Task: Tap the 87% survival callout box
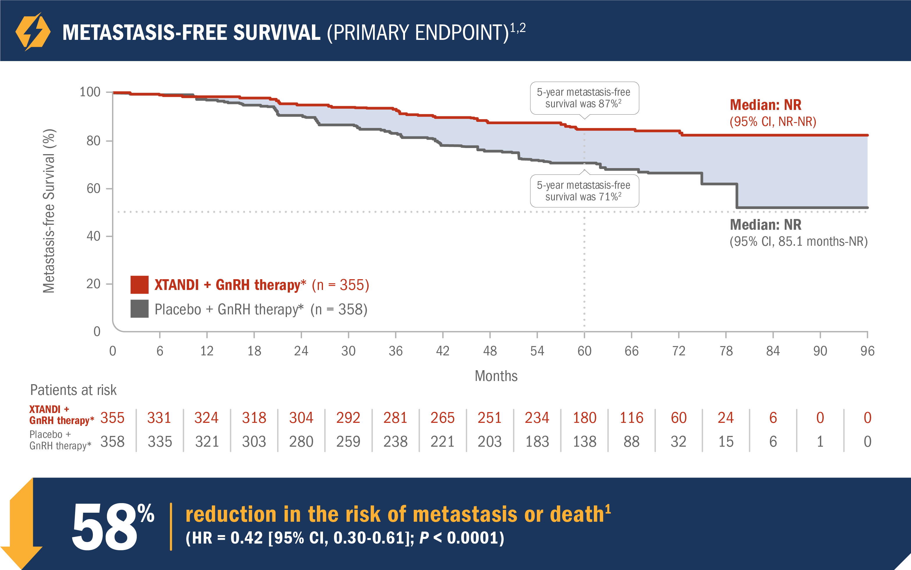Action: [584, 98]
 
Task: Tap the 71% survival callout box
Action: [584, 191]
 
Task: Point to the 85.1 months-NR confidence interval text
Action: [798, 242]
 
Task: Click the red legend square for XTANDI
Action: [139, 285]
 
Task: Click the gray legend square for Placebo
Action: [139, 309]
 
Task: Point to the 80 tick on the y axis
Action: [93, 141]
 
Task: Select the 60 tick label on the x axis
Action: [584, 351]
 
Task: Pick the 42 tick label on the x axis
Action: [443, 351]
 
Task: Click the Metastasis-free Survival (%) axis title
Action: [49, 211]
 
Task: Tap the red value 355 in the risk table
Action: [112, 418]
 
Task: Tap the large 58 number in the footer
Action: [104, 527]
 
